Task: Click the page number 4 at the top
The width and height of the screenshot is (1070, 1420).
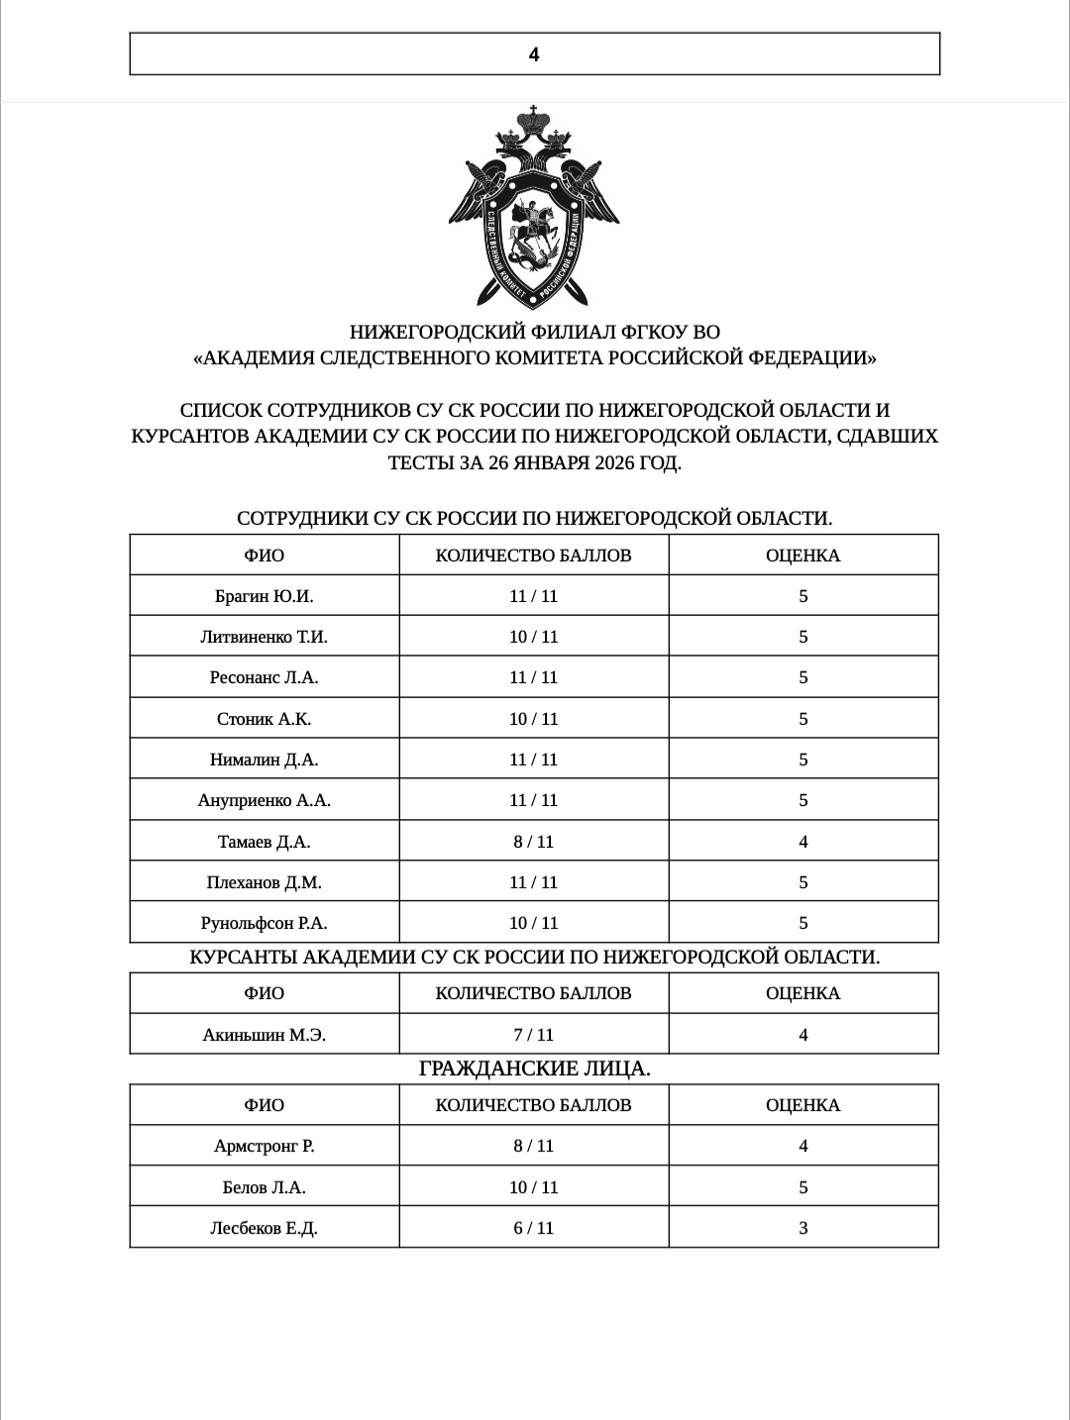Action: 534,54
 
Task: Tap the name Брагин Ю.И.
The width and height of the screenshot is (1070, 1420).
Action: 264,596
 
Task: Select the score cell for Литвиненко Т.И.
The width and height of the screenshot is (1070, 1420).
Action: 533,637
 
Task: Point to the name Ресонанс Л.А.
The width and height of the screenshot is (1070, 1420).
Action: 264,677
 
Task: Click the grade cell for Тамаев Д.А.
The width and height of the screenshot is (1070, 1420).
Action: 802,842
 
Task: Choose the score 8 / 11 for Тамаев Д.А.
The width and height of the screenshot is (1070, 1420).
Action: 533,842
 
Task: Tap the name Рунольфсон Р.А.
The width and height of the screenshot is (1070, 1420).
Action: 264,923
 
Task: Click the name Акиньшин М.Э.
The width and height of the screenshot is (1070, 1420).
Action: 264,1035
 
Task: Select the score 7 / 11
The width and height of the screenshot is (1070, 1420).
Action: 533,1035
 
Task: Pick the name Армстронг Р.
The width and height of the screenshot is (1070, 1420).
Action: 264,1146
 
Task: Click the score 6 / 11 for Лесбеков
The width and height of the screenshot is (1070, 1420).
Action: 533,1228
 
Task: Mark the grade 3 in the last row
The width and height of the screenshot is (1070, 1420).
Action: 802,1228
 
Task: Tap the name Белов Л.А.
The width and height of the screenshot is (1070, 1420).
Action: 264,1187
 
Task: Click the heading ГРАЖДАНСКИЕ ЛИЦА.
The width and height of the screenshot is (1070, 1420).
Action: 534,1068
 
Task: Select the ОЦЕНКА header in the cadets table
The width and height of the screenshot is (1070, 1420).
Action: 802,993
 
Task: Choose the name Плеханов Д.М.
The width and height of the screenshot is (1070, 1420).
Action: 264,882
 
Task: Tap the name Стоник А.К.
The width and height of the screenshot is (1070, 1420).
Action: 264,719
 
